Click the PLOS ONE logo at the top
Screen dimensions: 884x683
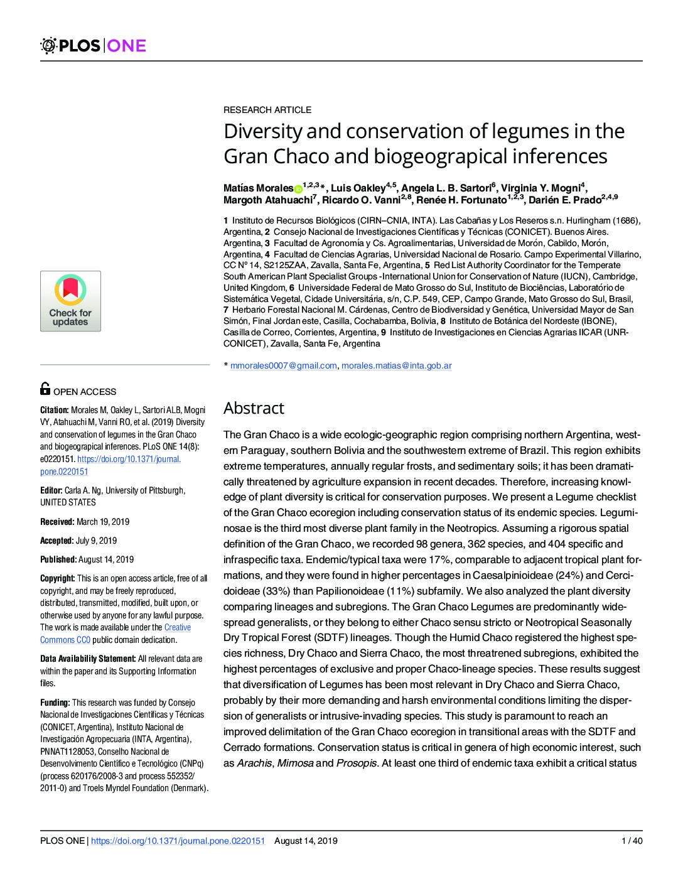93,45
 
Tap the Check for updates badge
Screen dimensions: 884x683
70,301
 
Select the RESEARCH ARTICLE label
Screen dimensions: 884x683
267,110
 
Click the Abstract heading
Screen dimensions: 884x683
254,408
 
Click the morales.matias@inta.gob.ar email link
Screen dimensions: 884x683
396,365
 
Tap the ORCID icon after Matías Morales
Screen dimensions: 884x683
298,188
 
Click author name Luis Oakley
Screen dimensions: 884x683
358,188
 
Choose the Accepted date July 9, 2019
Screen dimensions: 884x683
97,540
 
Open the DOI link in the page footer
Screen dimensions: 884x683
178,841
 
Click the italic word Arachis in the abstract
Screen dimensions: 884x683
254,763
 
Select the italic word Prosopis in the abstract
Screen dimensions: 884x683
357,763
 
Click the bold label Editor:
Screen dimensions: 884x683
51,490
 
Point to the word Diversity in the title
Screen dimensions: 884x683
264,132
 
